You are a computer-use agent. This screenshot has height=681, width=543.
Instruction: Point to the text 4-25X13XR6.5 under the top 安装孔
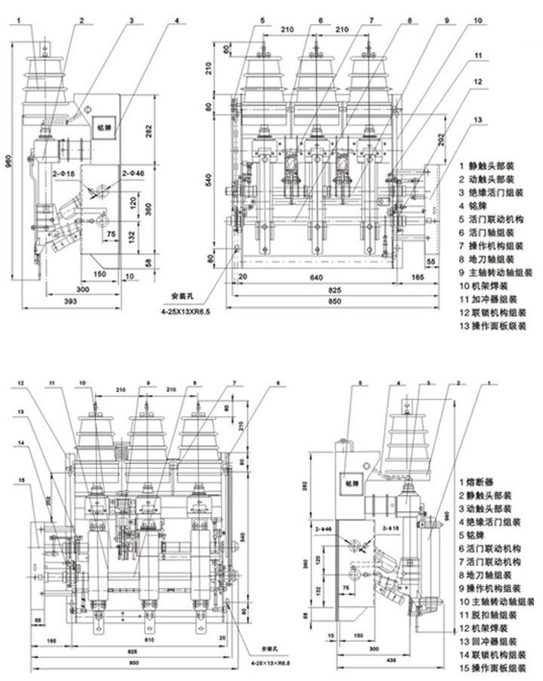tap(184, 310)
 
